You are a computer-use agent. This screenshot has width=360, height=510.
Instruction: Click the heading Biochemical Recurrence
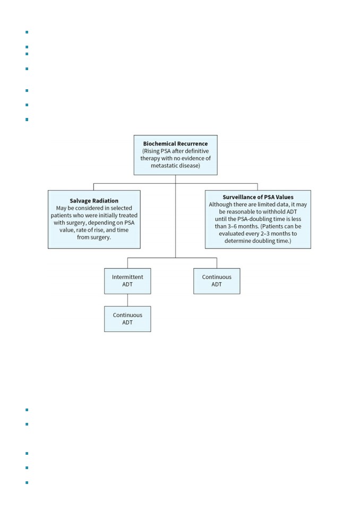175,143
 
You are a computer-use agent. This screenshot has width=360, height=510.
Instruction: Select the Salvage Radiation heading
94,201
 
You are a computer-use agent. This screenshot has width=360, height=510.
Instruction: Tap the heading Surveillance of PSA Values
258,197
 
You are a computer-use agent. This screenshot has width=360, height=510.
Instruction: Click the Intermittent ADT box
127,281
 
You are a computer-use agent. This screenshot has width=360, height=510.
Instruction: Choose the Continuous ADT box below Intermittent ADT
127,319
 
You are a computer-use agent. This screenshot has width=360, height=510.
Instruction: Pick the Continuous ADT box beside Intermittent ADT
217,281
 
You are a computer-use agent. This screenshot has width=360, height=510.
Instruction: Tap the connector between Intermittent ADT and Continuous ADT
127,300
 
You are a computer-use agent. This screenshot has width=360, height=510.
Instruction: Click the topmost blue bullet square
27,32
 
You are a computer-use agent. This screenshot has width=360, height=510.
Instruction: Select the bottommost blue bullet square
27,482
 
